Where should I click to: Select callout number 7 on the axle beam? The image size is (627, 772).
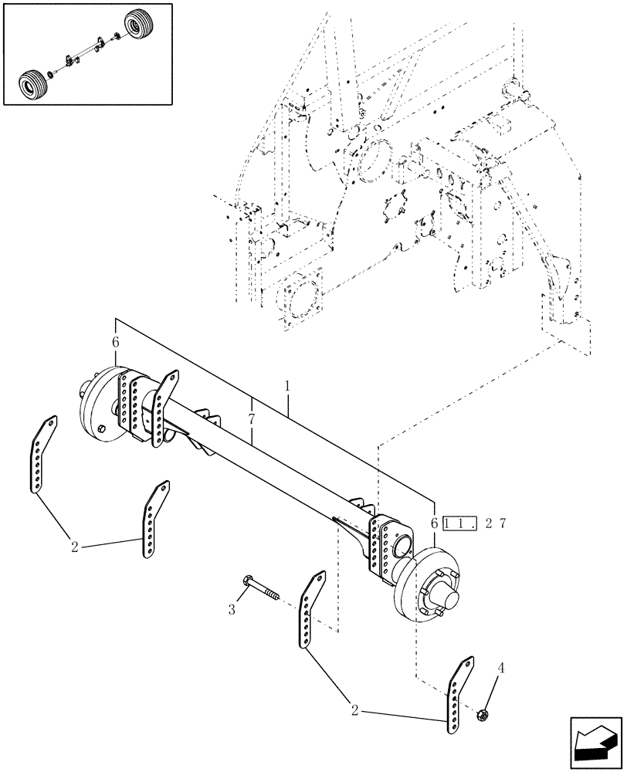coord(252,419)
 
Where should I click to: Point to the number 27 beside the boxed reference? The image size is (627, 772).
coord(495,523)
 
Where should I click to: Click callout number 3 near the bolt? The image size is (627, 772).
coord(231,610)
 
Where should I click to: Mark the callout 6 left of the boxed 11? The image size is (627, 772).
coord(436,523)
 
